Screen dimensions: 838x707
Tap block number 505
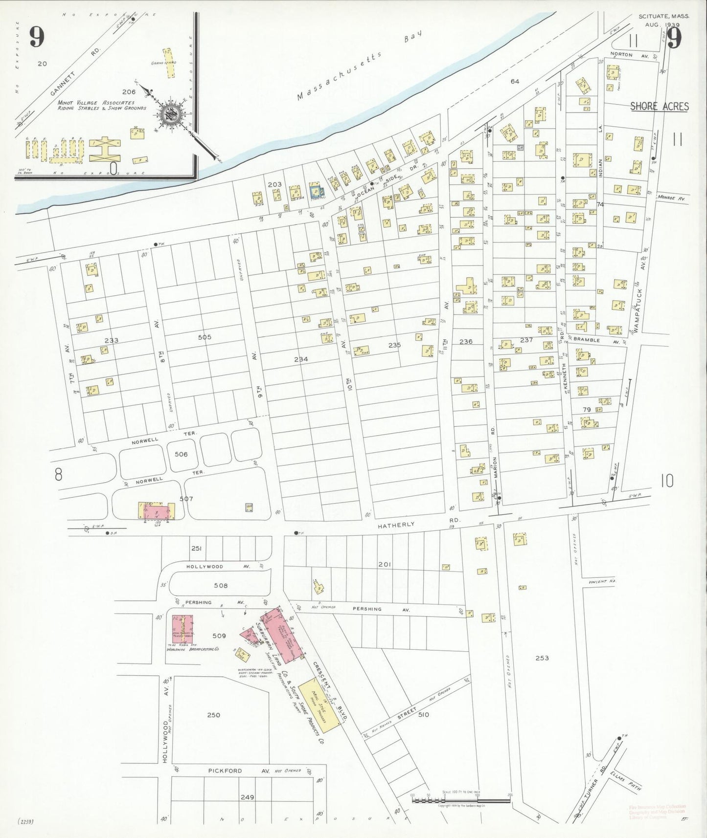(x=205, y=337)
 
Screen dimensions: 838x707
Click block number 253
(x=542, y=658)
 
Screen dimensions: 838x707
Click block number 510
(x=423, y=714)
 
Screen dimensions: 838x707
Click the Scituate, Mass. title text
(x=664, y=16)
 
